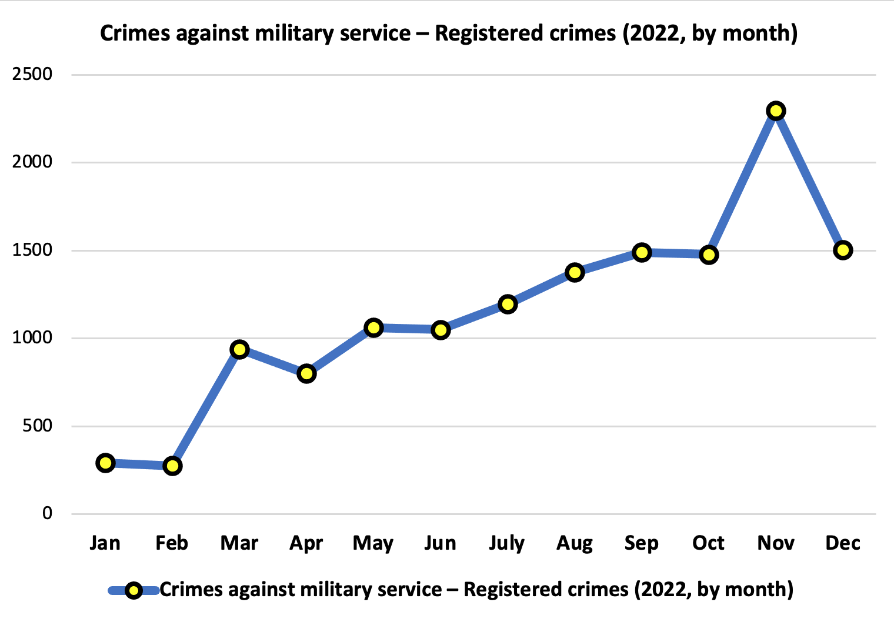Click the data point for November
(776, 111)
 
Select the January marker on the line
(105, 463)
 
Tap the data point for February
(172, 466)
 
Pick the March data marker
(239, 349)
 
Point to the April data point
(306, 373)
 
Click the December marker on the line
(843, 250)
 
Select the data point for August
(575, 272)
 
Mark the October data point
(709, 255)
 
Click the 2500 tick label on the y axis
(32, 75)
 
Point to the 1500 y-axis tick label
(32, 250)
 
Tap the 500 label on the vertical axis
(37, 426)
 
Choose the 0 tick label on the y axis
(47, 514)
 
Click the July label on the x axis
(507, 543)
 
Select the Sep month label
(641, 543)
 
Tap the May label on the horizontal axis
(373, 543)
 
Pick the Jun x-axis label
(440, 543)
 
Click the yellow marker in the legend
(134, 590)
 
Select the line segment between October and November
(742, 183)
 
